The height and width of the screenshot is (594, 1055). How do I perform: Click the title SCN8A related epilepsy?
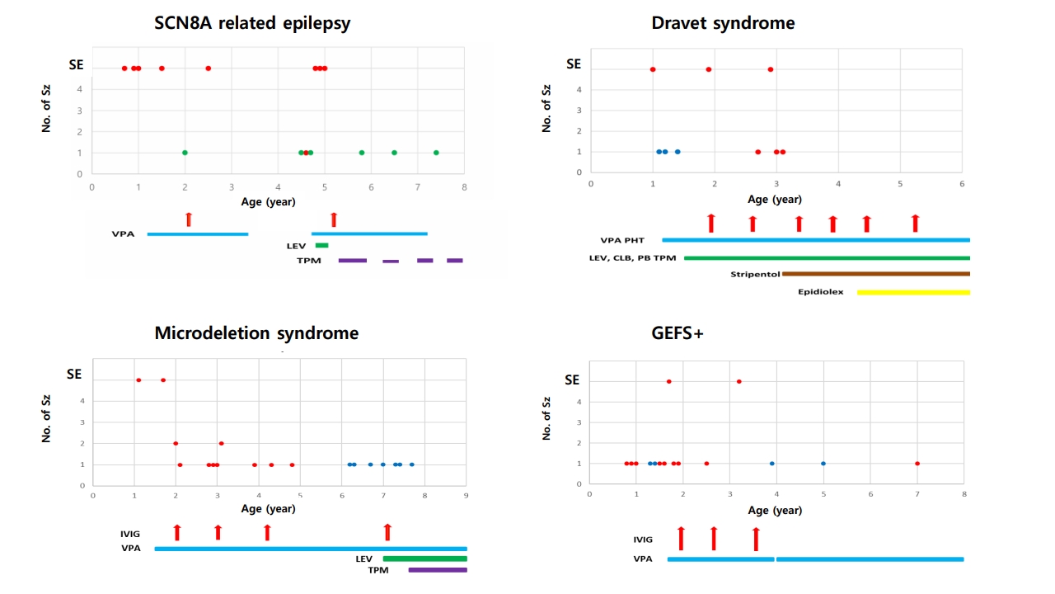coord(252,23)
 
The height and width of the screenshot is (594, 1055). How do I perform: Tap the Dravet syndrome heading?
coord(723,23)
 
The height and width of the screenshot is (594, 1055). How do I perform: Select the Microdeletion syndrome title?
coord(256,333)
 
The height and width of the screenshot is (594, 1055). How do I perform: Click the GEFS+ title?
coord(677,333)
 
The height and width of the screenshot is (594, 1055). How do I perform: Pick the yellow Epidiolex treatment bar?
coord(913,292)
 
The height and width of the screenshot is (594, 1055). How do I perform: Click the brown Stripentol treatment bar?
coord(875,274)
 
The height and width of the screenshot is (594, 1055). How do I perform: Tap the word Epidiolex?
coord(820,292)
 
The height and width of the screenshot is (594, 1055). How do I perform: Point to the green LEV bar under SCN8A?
coord(321,245)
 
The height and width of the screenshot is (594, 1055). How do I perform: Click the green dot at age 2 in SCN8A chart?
coord(185,153)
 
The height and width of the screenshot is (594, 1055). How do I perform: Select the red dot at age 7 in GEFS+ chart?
coord(917,464)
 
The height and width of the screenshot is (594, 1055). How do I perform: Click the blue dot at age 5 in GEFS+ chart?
coord(823,464)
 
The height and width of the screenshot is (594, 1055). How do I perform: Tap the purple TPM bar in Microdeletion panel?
coord(437,569)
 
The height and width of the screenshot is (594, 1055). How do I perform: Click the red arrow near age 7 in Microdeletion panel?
coord(387,532)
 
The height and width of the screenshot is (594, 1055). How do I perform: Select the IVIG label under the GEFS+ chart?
coord(643,540)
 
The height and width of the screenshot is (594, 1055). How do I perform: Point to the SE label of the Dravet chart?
coord(574,64)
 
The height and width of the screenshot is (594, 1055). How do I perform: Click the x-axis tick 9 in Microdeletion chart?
coord(467,496)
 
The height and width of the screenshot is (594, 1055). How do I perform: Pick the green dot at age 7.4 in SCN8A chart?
coord(436,153)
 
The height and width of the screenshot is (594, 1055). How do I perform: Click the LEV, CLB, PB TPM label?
coord(632,258)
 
